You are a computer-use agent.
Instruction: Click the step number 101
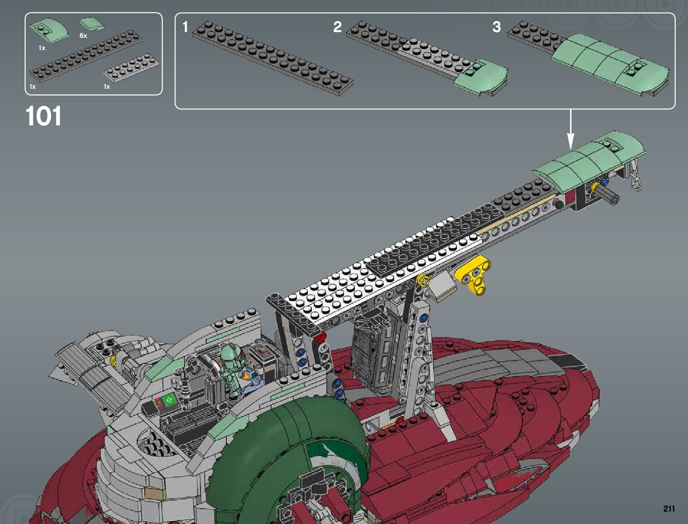(x=43, y=116)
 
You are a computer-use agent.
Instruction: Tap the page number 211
(x=669, y=508)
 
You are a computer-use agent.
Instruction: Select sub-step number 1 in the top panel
(x=185, y=27)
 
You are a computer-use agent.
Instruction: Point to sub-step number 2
(x=337, y=27)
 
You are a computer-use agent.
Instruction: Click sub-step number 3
(x=496, y=27)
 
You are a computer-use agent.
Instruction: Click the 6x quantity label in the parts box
(x=83, y=36)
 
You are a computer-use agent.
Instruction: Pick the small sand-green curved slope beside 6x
(x=92, y=24)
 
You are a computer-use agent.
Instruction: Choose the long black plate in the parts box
(x=86, y=56)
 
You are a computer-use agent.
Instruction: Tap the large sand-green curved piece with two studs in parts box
(x=49, y=30)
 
